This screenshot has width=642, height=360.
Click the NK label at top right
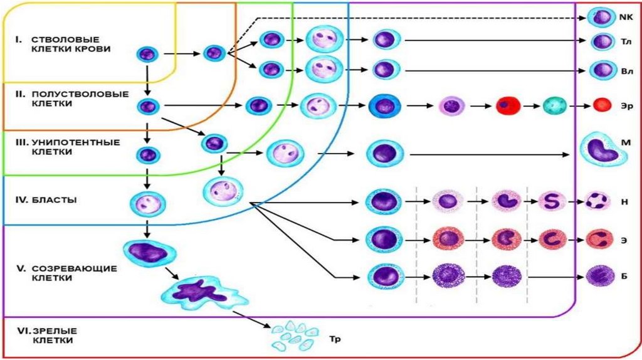tap(626, 18)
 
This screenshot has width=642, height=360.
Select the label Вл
tap(626, 71)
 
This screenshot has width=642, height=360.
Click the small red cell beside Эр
tap(602, 105)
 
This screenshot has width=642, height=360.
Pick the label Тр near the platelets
tap(334, 339)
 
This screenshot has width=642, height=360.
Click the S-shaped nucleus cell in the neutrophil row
tap(553, 201)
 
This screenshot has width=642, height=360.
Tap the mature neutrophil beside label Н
tap(597, 202)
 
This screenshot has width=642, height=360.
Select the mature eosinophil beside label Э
tap(597, 239)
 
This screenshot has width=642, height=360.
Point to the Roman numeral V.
tap(20, 268)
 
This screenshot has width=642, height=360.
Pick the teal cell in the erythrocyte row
tap(554, 105)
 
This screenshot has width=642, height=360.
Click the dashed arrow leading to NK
tap(408, 18)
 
